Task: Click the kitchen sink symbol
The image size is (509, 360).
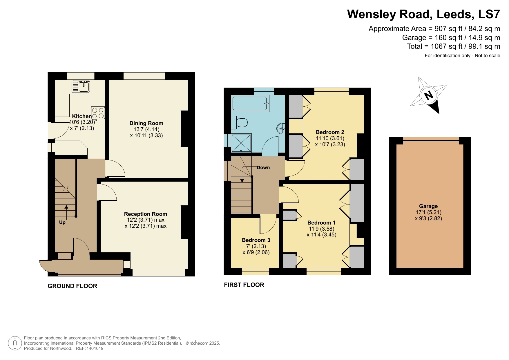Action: pyautogui.click(x=81, y=86)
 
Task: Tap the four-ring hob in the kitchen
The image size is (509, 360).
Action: pyautogui.click(x=98, y=113)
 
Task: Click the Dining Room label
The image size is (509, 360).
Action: pyautogui.click(x=146, y=123)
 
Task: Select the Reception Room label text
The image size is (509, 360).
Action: pyautogui.click(x=146, y=214)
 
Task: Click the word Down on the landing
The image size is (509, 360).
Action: pyautogui.click(x=263, y=168)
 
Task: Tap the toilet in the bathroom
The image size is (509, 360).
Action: pyautogui.click(x=239, y=122)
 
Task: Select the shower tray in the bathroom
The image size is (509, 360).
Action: pyautogui.click(x=241, y=143)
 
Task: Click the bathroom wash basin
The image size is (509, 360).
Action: pyautogui.click(x=281, y=128)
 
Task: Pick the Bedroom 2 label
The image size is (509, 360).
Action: pyautogui.click(x=330, y=132)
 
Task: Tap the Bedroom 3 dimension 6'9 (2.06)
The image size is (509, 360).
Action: pyautogui.click(x=256, y=252)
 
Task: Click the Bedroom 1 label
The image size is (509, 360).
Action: pyautogui.click(x=321, y=223)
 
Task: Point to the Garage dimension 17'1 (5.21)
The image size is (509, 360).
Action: pyautogui.click(x=428, y=212)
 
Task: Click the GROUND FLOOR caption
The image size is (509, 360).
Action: pyautogui.click(x=72, y=286)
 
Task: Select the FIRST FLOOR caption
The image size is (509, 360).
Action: pyautogui.click(x=244, y=285)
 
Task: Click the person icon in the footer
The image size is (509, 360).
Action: pyautogui.click(x=15, y=343)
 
